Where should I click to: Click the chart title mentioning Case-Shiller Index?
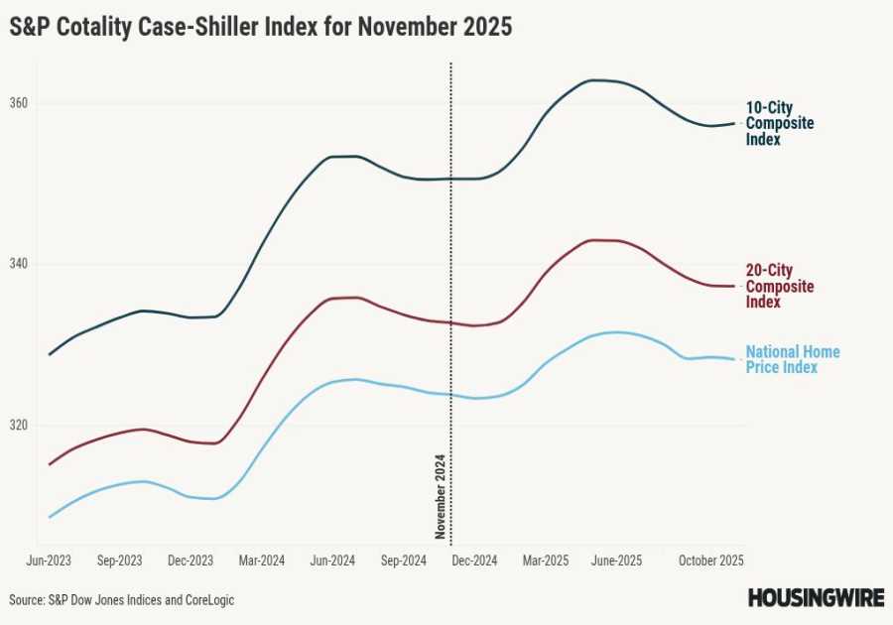(261, 28)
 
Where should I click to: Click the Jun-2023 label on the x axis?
(49, 561)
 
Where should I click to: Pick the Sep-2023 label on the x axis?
(120, 561)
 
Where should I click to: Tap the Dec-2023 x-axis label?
(191, 561)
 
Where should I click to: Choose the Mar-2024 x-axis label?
(262, 561)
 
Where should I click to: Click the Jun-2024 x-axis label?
(332, 561)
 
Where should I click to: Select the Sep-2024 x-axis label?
(404, 561)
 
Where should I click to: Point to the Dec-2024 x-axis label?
(474, 561)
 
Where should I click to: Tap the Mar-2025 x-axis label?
(546, 561)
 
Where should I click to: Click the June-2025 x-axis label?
(616, 561)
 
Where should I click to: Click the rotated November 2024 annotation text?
(441, 496)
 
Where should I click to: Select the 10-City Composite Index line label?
(779, 123)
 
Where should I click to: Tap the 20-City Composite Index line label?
(779, 286)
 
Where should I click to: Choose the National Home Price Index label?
(792, 359)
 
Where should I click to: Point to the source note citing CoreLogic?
(122, 600)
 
